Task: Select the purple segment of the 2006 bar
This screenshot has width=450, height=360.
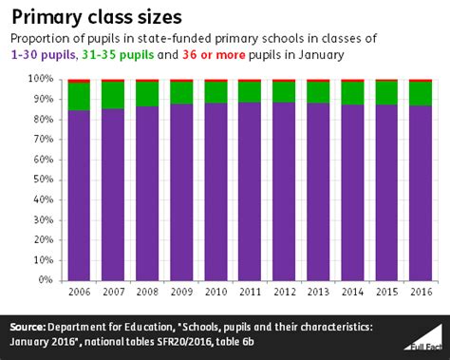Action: pos(80,195)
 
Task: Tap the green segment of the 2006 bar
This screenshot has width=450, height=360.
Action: pos(80,97)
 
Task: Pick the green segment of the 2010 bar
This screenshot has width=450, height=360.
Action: pos(216,92)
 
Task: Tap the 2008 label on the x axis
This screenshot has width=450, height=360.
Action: pos(147,292)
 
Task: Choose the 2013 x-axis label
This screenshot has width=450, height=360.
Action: pos(318,292)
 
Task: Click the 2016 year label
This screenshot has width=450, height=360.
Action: pos(420,292)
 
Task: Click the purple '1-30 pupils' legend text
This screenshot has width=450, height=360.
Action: pos(42,56)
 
